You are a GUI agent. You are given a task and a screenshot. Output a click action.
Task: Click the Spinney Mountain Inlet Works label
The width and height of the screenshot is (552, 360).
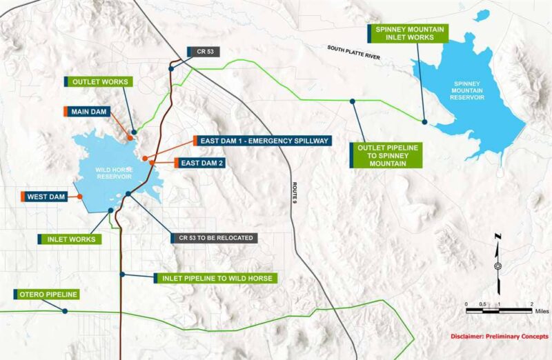coord(410,33)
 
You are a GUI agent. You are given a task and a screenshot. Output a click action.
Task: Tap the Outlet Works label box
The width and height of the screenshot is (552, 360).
coord(99,81)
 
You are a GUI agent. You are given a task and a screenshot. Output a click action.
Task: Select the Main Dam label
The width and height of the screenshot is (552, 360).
coord(90,111)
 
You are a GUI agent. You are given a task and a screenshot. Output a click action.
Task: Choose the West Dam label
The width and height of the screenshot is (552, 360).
coord(48,197)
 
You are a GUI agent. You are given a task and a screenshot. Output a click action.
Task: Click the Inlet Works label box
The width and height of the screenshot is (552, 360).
coord(70,239)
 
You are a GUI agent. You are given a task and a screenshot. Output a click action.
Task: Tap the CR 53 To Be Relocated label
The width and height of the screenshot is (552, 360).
coord(217,238)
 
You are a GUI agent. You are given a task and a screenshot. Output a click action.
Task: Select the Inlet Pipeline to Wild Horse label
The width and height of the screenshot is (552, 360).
coord(218,278)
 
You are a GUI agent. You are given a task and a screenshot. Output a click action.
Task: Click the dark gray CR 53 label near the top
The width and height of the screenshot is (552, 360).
coord(204,52)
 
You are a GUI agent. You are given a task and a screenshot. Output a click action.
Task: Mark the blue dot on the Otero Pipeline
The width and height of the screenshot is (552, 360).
coord(65,311)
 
